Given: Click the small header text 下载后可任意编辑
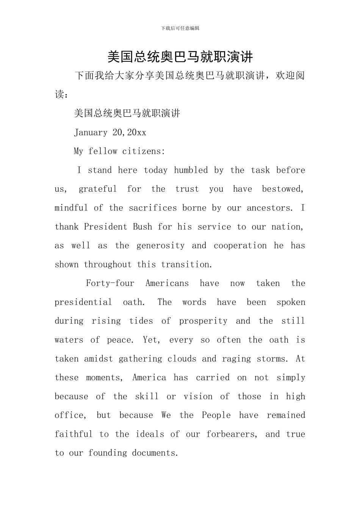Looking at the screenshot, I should click(x=180, y=28).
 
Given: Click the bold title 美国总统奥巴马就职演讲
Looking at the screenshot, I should click(x=180, y=57).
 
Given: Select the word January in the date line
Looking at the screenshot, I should click(x=91, y=132).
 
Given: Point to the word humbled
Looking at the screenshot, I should click(x=191, y=170).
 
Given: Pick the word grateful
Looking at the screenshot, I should click(x=98, y=189).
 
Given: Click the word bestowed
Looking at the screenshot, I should click(x=283, y=189).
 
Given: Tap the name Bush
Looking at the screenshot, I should click(x=142, y=227).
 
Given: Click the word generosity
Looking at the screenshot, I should click(x=161, y=245).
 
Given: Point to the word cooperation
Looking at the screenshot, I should click(x=240, y=245).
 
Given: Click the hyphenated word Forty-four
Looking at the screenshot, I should click(x=110, y=283).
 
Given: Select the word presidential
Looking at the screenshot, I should click(x=83, y=302).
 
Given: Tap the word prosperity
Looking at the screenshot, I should click(x=203, y=321).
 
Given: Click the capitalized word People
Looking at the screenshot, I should click(x=216, y=415).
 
